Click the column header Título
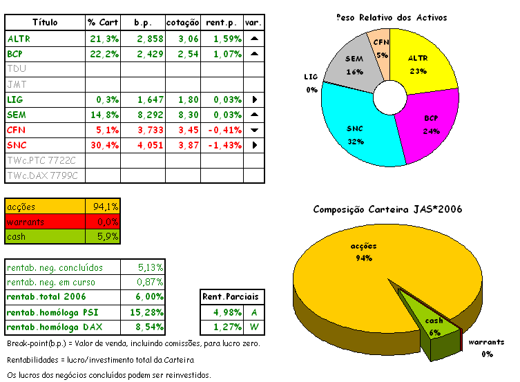pyautogui.click(x=45, y=23)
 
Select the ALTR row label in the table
pyautogui.click(x=19, y=39)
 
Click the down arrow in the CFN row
pyautogui.click(x=254, y=130)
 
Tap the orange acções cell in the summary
pyautogui.click(x=46, y=207)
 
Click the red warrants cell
pyautogui.click(x=46, y=221)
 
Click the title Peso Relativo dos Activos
pyautogui.click(x=392, y=17)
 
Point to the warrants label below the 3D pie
pyautogui.click(x=486, y=343)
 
